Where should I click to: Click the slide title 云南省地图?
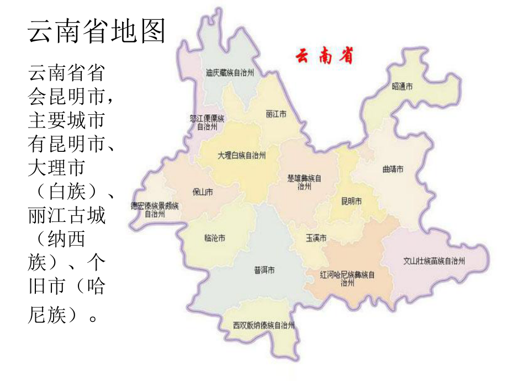pyautogui.click(x=97, y=31)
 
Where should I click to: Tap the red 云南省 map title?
pyautogui.click(x=325, y=56)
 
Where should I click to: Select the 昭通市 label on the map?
pyautogui.click(x=403, y=87)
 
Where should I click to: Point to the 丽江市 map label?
pyautogui.click(x=276, y=114)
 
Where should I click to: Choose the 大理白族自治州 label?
pyautogui.click(x=242, y=156)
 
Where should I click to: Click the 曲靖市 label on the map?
pyautogui.click(x=393, y=169)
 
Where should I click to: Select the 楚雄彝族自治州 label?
pyautogui.click(x=304, y=182)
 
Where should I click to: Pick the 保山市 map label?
pyautogui.click(x=203, y=192)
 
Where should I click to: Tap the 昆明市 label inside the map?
pyautogui.click(x=352, y=202)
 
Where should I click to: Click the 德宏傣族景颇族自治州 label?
pyautogui.click(x=155, y=210)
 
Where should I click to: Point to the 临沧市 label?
pyautogui.click(x=215, y=239)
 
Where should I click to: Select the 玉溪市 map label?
pyautogui.click(x=316, y=238)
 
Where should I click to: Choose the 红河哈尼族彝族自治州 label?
pyautogui.click(x=347, y=278)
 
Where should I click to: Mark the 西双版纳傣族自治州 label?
pyautogui.click(x=263, y=325)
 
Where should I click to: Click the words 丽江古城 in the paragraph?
pyautogui.click(x=66, y=215)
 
